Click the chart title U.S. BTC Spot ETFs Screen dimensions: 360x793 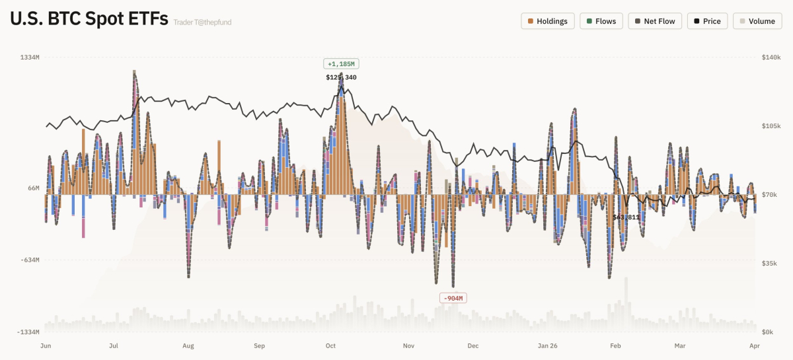[x=89, y=20]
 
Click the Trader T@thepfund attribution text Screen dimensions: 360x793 [x=202, y=22]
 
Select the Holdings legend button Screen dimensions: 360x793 [x=548, y=21]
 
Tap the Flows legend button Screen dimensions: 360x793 [x=601, y=21]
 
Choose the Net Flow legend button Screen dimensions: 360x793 [x=654, y=21]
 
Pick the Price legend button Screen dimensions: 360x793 [x=707, y=21]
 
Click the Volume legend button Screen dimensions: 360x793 [x=757, y=21]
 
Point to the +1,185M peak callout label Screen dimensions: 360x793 [x=341, y=64]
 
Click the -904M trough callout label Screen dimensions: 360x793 [x=453, y=299]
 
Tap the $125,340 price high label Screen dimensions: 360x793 [x=341, y=77]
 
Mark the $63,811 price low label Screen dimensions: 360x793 [x=626, y=217]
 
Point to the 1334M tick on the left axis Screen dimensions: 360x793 [x=29, y=57]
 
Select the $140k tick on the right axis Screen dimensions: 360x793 [x=771, y=57]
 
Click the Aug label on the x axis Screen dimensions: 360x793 [x=188, y=345]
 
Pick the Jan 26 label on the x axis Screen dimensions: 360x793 [x=548, y=345]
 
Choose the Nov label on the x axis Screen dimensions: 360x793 [x=408, y=345]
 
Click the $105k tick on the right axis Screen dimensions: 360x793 [x=771, y=126]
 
